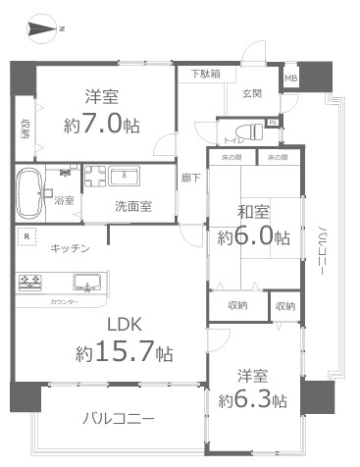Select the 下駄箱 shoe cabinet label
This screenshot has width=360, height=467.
(205, 74)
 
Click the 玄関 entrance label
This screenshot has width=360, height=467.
(251, 94)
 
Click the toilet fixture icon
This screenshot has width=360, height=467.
(258, 130)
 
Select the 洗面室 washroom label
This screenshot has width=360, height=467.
(126, 207)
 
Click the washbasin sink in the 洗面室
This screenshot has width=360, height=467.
(125, 176)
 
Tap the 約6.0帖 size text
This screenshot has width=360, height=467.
(253, 236)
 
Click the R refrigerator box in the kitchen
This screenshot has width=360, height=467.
(26, 236)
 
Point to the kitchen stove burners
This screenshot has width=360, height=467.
(30, 283)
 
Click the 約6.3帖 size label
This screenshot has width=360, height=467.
(252, 400)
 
